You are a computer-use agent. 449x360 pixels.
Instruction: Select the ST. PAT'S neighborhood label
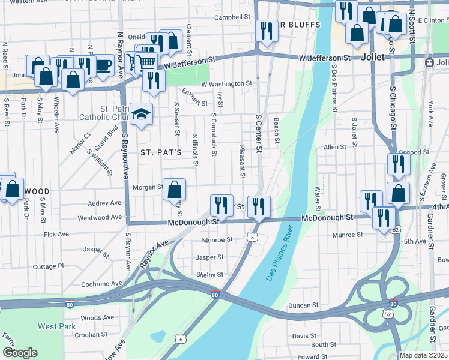coord(161,152)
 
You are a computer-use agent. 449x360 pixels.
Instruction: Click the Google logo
coord(20,353)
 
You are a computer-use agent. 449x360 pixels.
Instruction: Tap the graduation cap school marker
coord(141,114)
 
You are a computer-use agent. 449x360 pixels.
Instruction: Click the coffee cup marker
coord(103,65)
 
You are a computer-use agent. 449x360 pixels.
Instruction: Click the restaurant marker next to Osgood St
coord(399,164)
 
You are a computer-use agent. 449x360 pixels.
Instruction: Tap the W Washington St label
coord(226,84)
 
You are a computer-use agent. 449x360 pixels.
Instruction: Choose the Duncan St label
coord(303,305)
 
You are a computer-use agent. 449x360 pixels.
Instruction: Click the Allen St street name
coord(335,147)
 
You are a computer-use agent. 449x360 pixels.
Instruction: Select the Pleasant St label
coord(241,162)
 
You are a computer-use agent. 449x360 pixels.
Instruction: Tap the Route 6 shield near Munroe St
coord(253,238)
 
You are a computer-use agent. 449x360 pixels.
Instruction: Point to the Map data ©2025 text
coord(424,355)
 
